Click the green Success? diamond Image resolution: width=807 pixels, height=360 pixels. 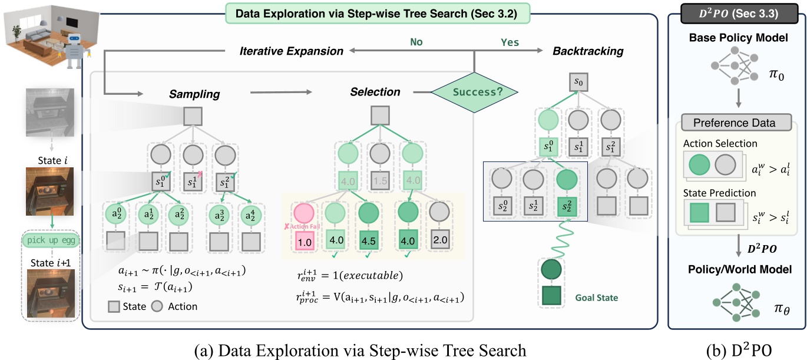pyautogui.click(x=475, y=92)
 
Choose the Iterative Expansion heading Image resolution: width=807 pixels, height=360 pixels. pyautogui.click(x=291, y=51)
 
